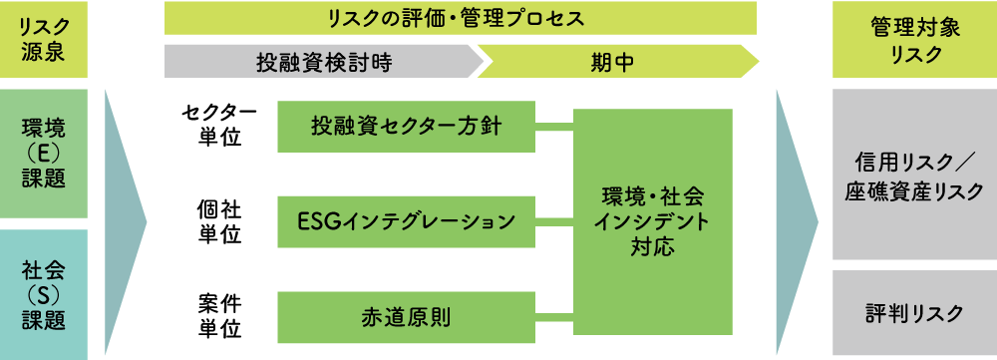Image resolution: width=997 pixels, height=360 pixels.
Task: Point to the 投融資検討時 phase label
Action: coord(322,63)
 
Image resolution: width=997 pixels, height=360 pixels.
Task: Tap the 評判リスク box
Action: coord(914,313)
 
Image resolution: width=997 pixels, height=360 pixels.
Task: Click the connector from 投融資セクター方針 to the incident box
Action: coord(554,126)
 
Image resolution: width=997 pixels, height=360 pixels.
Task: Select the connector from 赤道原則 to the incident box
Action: coord(554,317)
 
